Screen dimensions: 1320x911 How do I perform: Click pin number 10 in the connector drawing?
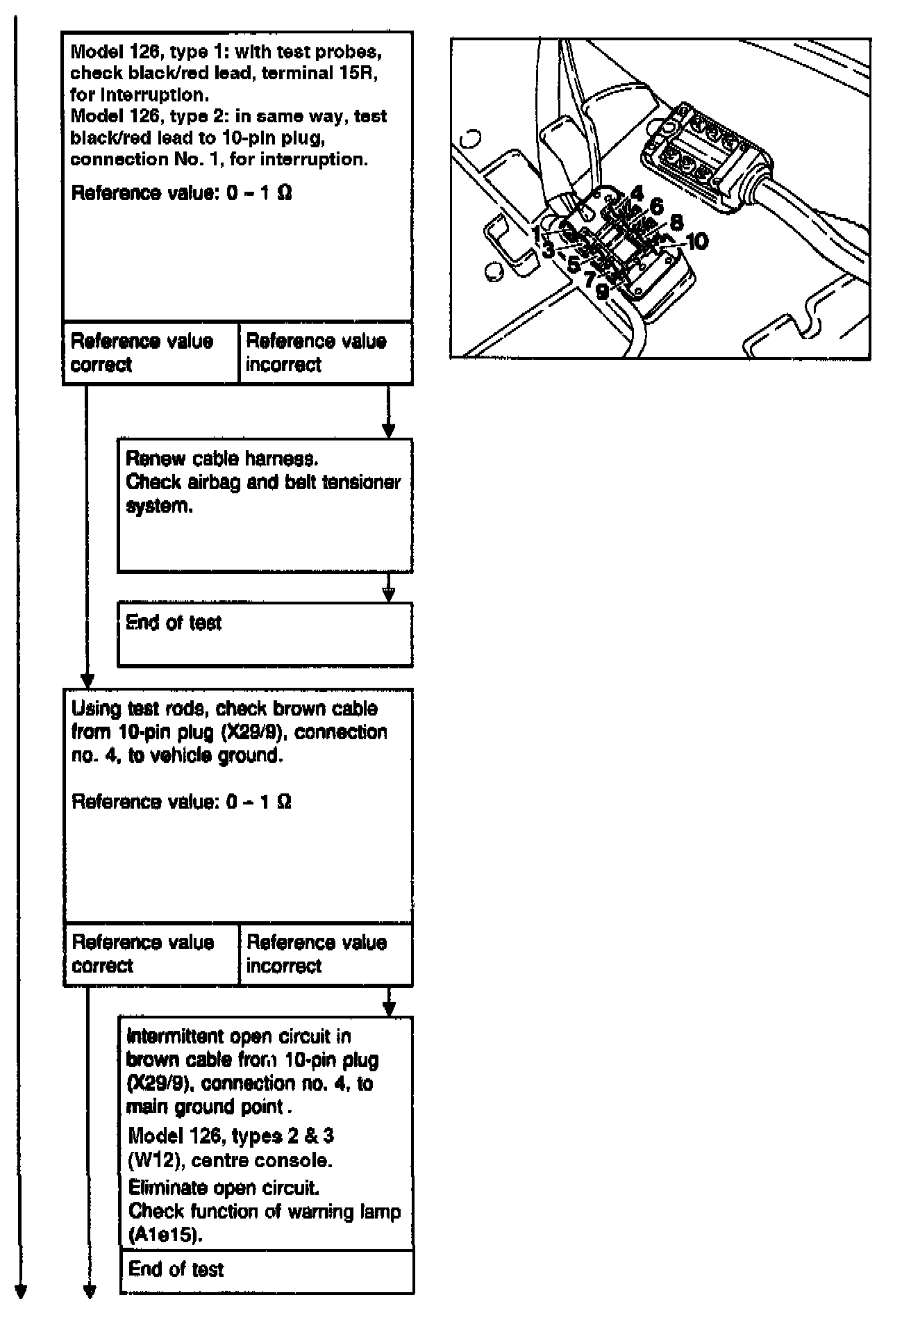696,241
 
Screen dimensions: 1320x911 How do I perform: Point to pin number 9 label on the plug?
602,292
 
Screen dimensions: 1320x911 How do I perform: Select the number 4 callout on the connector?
637,193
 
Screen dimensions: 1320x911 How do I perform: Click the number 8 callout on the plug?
676,222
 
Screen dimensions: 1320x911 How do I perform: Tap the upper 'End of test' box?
265,634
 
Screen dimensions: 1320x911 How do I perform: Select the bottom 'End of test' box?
267,1270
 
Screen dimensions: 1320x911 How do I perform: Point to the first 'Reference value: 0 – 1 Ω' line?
181,192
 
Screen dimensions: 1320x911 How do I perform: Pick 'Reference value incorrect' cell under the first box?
325,352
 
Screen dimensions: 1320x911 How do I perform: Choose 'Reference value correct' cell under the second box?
151,954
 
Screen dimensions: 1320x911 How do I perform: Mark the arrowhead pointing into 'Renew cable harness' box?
389,430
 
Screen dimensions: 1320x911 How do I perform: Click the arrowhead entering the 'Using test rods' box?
87,680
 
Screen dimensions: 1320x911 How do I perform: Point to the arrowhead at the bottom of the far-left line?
21,1292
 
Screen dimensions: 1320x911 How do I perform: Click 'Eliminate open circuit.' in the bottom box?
224,1187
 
